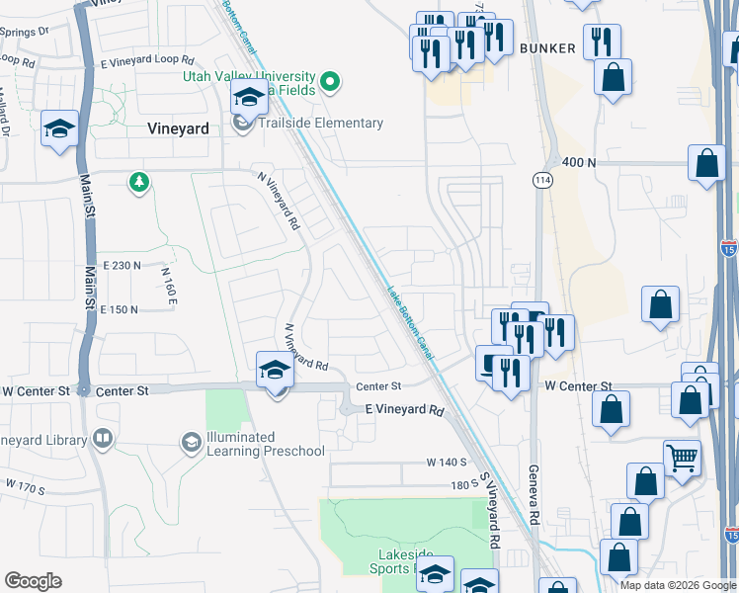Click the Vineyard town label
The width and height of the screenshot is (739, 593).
pyautogui.click(x=178, y=127)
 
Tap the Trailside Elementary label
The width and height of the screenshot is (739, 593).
pyautogui.click(x=320, y=124)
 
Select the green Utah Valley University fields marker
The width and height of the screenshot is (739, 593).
pyautogui.click(x=331, y=81)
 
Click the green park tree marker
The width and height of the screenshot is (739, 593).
pyautogui.click(x=139, y=182)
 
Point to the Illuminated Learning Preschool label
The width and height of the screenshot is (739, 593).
pyautogui.click(x=265, y=444)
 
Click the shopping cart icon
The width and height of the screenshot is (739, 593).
pyautogui.click(x=681, y=457)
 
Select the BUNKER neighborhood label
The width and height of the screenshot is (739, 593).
pyautogui.click(x=547, y=47)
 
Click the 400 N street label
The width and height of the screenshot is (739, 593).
pyautogui.click(x=579, y=162)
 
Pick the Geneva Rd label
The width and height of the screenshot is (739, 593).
pyautogui.click(x=534, y=494)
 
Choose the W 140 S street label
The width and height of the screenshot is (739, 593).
pyautogui.click(x=446, y=462)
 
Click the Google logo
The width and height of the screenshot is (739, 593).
pyautogui.click(x=33, y=580)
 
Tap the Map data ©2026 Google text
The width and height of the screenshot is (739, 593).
pyautogui.click(x=677, y=585)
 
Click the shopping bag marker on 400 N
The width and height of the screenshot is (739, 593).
pyautogui.click(x=708, y=164)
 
